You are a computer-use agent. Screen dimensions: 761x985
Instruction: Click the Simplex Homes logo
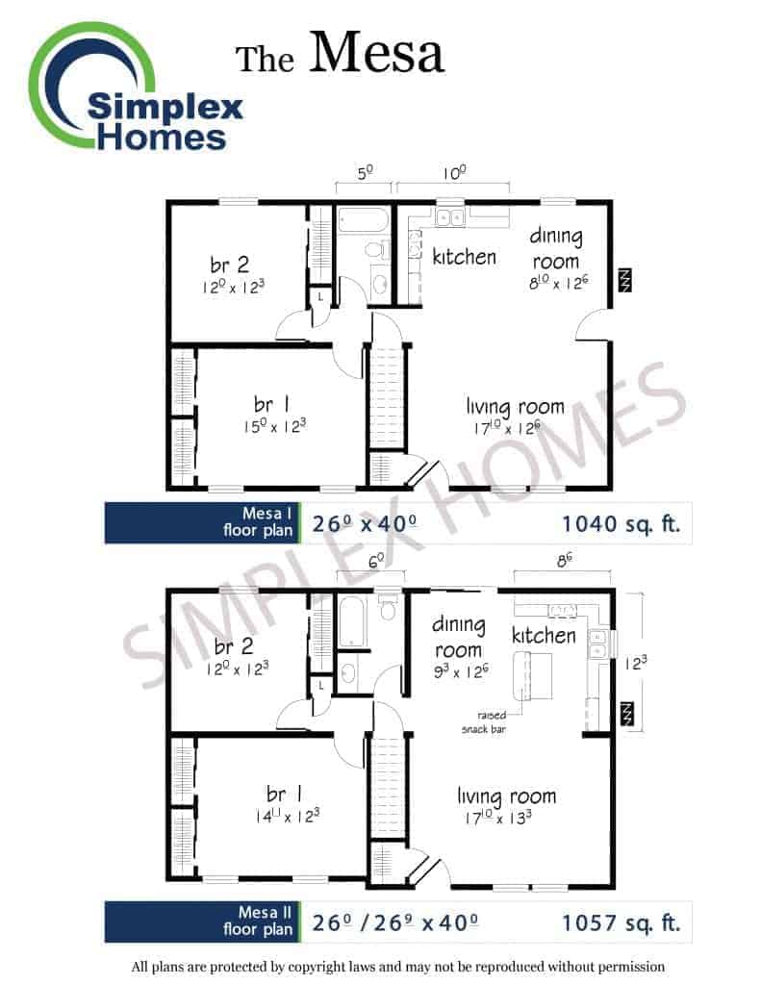pyautogui.click(x=135, y=88)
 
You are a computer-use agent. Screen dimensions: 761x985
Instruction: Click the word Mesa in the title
pyautogui.click(x=376, y=52)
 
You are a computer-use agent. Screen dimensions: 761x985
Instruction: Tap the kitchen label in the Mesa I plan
pyautogui.click(x=465, y=256)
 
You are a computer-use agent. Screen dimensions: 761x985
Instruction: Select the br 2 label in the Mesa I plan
pyautogui.click(x=229, y=265)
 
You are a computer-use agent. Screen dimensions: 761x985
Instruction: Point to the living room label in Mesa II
pyautogui.click(x=506, y=796)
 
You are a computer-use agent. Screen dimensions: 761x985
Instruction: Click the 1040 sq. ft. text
pyautogui.click(x=621, y=523)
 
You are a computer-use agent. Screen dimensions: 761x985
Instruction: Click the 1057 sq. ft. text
pyautogui.click(x=621, y=922)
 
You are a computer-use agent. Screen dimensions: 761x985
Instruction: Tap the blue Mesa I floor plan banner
pyautogui.click(x=202, y=522)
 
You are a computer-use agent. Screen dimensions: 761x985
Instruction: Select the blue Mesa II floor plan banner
pyautogui.click(x=202, y=922)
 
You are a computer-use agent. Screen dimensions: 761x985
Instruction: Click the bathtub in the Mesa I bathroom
pyautogui.click(x=364, y=220)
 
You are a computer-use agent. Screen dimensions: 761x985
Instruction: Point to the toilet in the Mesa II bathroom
pyautogui.click(x=388, y=606)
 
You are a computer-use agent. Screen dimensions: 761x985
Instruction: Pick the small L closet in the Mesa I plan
pyautogui.click(x=320, y=296)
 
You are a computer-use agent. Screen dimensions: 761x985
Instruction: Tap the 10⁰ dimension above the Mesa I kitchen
pyautogui.click(x=454, y=172)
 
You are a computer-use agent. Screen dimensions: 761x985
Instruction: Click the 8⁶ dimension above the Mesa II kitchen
pyautogui.click(x=564, y=560)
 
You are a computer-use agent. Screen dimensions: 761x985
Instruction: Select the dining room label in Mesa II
pyautogui.click(x=459, y=637)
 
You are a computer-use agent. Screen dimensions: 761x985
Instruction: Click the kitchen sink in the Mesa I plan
pyautogui.click(x=450, y=216)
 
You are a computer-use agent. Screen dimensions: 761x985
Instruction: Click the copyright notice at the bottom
pyautogui.click(x=397, y=966)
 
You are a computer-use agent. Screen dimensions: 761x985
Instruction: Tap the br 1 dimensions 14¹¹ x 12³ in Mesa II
pyautogui.click(x=287, y=816)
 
